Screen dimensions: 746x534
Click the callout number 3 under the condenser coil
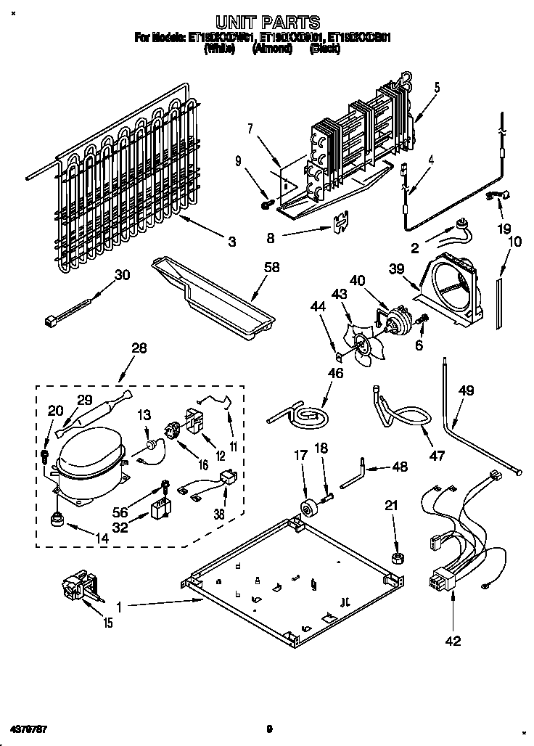click(231, 242)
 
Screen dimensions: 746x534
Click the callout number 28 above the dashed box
click(139, 348)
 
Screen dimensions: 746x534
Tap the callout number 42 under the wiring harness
click(453, 641)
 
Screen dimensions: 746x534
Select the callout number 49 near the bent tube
click(466, 391)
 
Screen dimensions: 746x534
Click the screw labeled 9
click(266, 206)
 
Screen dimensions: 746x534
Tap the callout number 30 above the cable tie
click(123, 274)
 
